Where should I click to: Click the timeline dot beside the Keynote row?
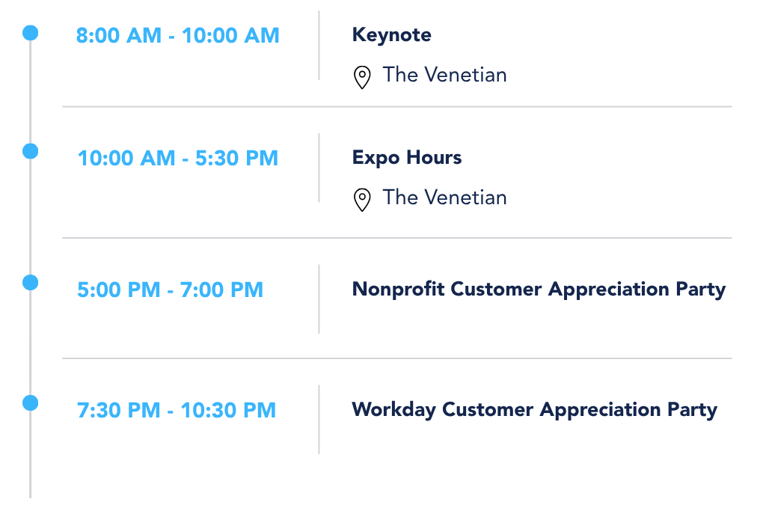[30, 33]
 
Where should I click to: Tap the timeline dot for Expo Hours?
[30, 151]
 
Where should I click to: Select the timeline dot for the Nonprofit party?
[30, 282]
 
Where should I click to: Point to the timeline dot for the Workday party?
[30, 403]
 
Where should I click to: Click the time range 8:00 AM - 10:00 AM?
[178, 36]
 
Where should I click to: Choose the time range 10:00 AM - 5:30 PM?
[178, 159]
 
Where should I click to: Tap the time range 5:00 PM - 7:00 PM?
[170, 290]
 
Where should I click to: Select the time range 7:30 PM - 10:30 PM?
[177, 410]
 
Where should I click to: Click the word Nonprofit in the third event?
[398, 290]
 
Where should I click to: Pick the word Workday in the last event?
[393, 410]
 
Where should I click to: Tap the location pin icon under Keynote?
[362, 77]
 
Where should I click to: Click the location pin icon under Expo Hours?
[362, 200]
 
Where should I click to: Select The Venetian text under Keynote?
[444, 75]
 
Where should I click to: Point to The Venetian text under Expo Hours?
[444, 198]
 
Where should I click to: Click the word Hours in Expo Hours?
[434, 158]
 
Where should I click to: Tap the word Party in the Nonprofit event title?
[701, 290]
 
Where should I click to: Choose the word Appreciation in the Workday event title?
[601, 410]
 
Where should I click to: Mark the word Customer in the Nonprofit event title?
[496, 290]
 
